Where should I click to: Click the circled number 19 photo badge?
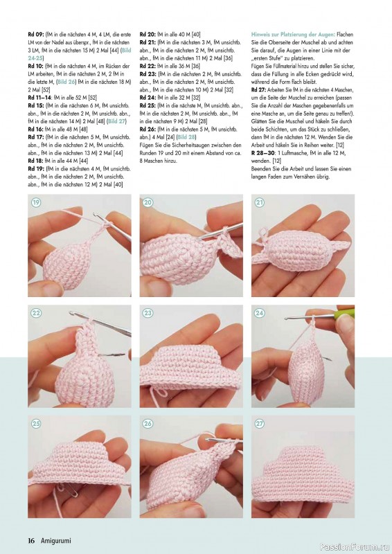[x=36, y=202]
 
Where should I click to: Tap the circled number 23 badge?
[x=148, y=313]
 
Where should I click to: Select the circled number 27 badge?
[x=260, y=424]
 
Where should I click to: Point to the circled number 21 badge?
[x=260, y=202]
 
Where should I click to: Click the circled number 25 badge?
[x=36, y=424]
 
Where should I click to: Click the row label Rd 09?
[x=36, y=35]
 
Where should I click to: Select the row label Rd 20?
[x=148, y=35]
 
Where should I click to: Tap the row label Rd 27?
[x=259, y=90]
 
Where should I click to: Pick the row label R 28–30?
[x=263, y=153]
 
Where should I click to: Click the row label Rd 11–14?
[x=40, y=98]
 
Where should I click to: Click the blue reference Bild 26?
[x=66, y=82]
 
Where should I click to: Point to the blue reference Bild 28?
[x=186, y=137]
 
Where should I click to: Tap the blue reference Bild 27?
[x=117, y=121]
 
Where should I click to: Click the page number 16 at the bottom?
[x=31, y=541]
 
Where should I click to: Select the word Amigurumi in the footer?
[x=56, y=541]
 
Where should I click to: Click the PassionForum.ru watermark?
[x=354, y=547]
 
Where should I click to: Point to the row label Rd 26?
[x=148, y=129]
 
